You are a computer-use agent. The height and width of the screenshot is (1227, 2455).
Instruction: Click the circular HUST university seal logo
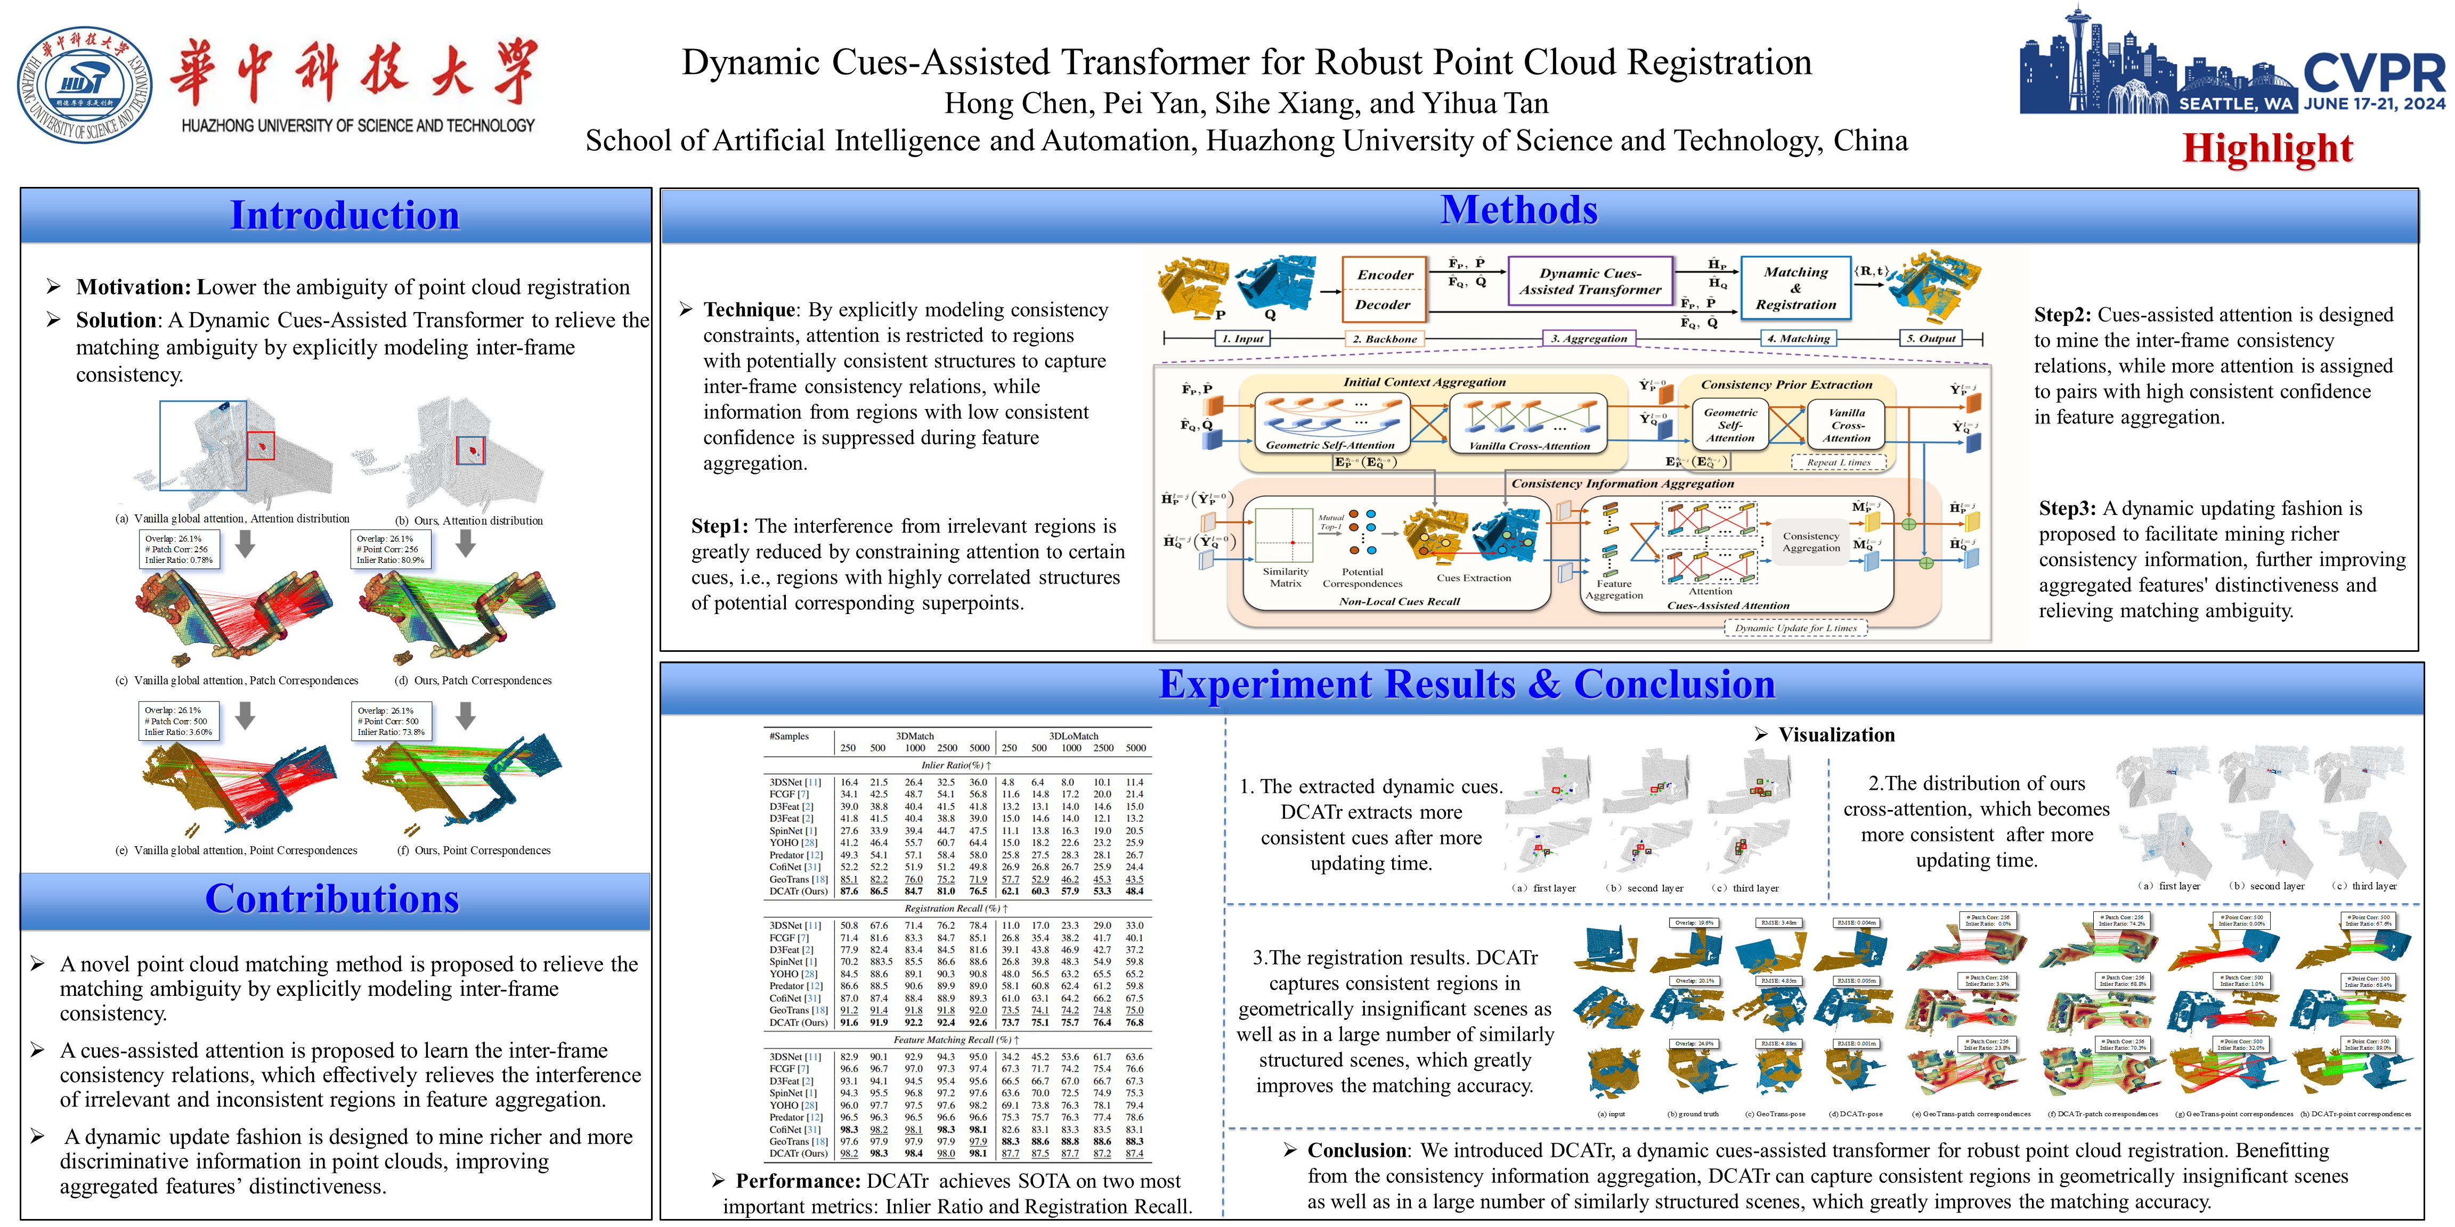pyautogui.click(x=84, y=85)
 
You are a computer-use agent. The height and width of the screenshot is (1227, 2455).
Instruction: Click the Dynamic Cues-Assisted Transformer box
pyautogui.click(x=1590, y=281)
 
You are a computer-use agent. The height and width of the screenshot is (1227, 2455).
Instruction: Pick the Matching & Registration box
pyautogui.click(x=1795, y=288)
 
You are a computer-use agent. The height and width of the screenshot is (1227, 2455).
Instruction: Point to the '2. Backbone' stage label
pyautogui.click(x=1385, y=338)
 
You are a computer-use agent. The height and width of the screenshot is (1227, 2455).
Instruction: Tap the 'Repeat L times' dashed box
pyautogui.click(x=1839, y=463)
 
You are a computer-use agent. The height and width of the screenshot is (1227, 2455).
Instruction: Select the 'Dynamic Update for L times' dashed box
pyautogui.click(x=1795, y=628)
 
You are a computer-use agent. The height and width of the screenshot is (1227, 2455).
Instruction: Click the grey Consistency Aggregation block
pyautogui.click(x=1811, y=542)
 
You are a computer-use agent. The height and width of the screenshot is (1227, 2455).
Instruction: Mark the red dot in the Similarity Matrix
pyautogui.click(x=1292, y=542)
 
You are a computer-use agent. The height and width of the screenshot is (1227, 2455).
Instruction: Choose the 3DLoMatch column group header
pyautogui.click(x=1073, y=737)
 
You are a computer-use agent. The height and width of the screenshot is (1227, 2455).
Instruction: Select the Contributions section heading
pyautogui.click(x=332, y=899)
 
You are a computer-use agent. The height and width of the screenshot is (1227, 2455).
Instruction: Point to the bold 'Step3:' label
pyautogui.click(x=2066, y=509)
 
